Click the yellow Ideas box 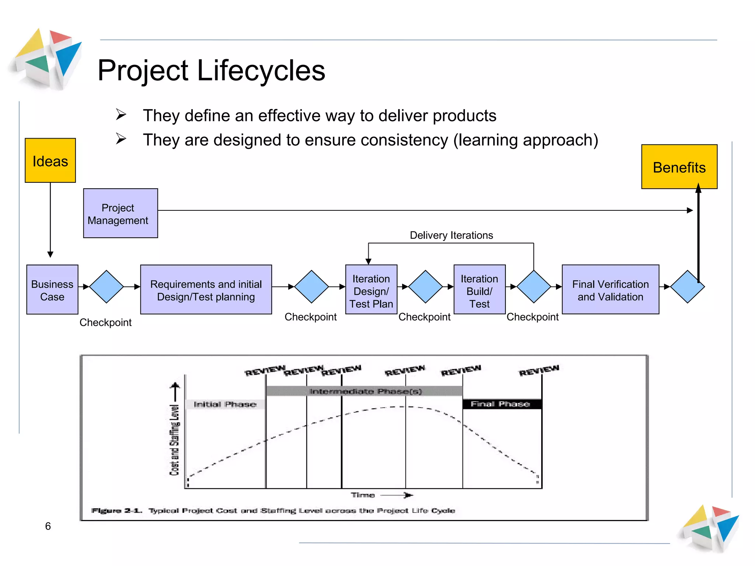pyautogui.click(x=50, y=161)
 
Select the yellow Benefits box pyautogui.click(x=679, y=167)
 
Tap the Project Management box pyautogui.click(x=120, y=213)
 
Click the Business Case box pyautogui.click(x=52, y=290)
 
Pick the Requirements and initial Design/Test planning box pyautogui.click(x=206, y=290)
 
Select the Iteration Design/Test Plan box pyautogui.click(x=371, y=290)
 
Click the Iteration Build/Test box pyautogui.click(x=479, y=290)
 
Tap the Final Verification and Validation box pyautogui.click(x=610, y=290)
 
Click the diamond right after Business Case pyautogui.click(x=106, y=287)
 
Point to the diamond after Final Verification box pyautogui.click(x=687, y=287)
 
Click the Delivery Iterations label pyautogui.click(x=451, y=235)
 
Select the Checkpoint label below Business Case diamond pyautogui.click(x=105, y=322)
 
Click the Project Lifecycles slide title pyautogui.click(x=211, y=70)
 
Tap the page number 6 pyautogui.click(x=48, y=526)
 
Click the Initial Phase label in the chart pyautogui.click(x=225, y=404)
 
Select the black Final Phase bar pyautogui.click(x=501, y=404)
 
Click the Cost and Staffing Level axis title pyautogui.click(x=174, y=440)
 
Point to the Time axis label pyautogui.click(x=363, y=495)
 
